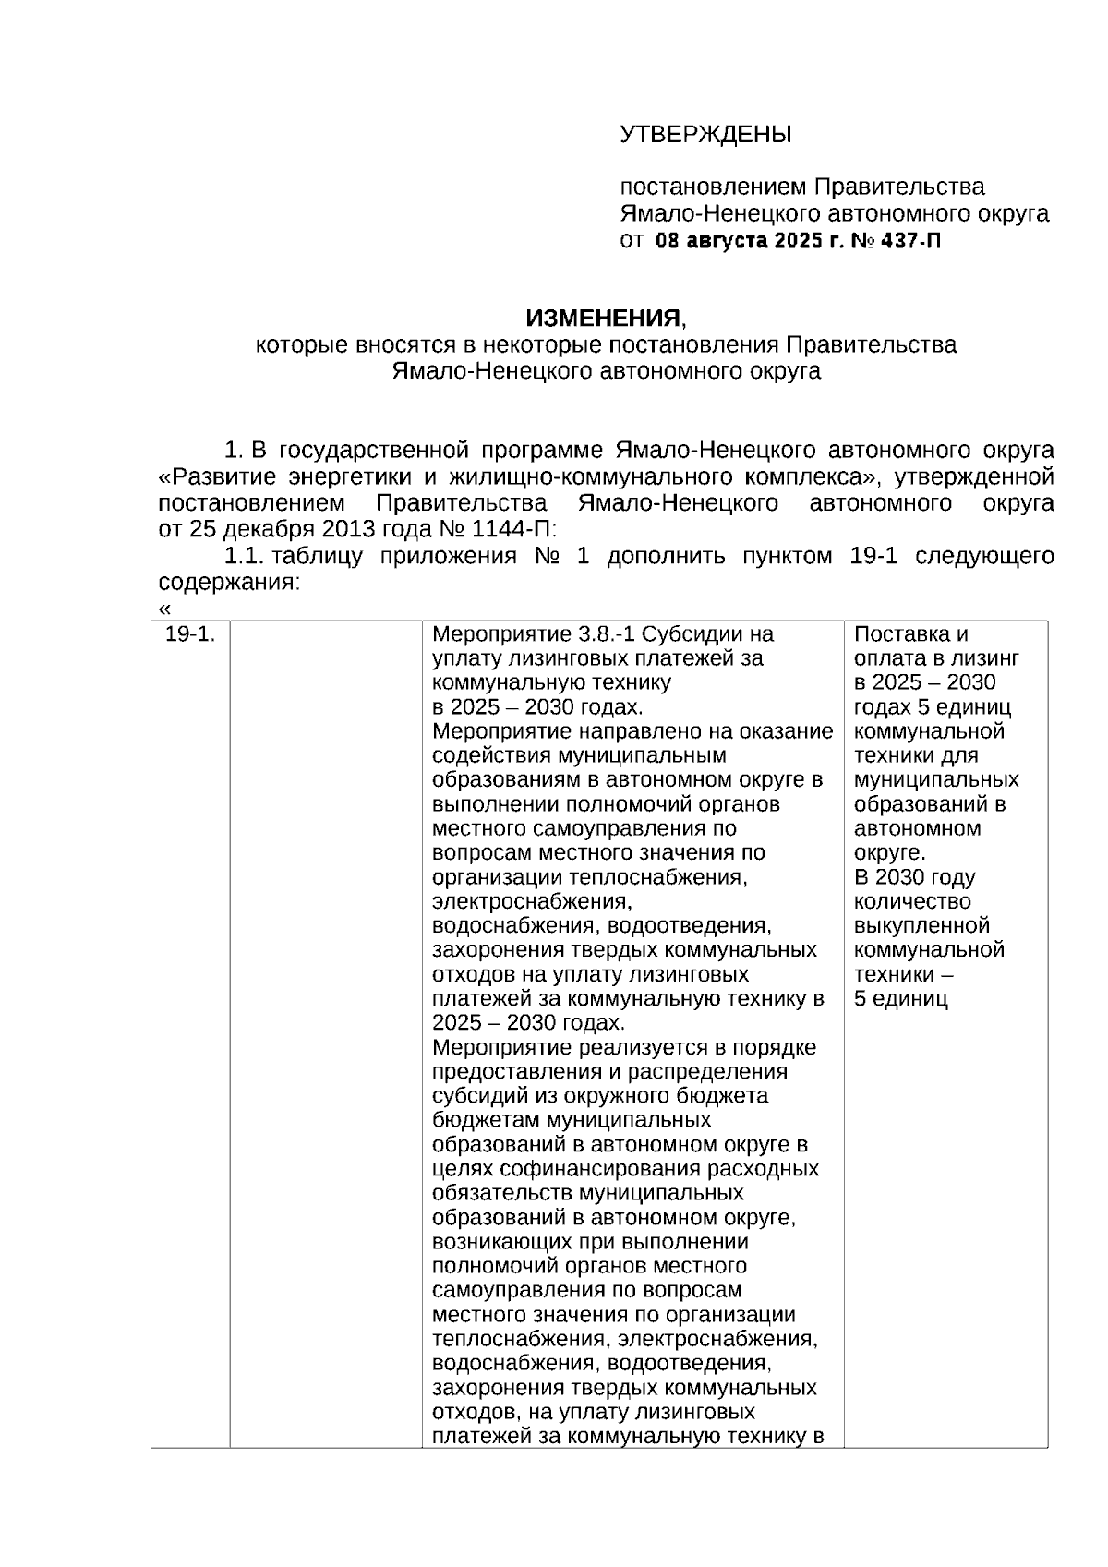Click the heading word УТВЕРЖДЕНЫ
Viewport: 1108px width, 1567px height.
pyautogui.click(x=705, y=135)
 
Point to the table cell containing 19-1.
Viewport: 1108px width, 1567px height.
pyautogui.click(x=190, y=634)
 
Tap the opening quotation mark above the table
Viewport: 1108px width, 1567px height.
pyautogui.click(x=165, y=609)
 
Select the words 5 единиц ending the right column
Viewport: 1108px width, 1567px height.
pyautogui.click(x=901, y=999)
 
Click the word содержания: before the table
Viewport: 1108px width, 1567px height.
pyautogui.click(x=229, y=583)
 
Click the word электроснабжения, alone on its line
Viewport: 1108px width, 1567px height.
pyautogui.click(x=532, y=901)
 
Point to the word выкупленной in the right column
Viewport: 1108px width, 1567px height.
pyautogui.click(x=921, y=926)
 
